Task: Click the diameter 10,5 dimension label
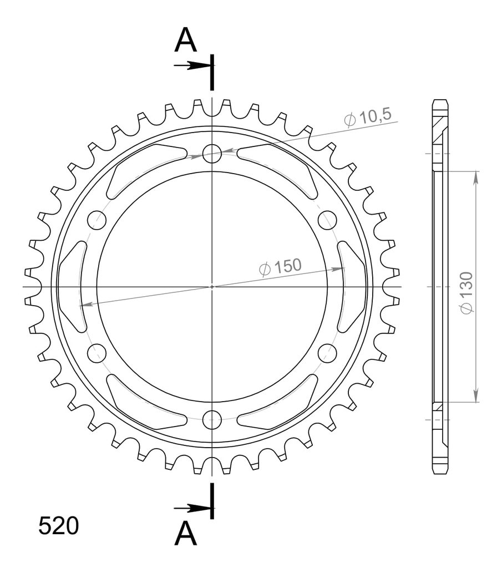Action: [368, 116]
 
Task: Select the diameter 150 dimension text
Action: [281, 267]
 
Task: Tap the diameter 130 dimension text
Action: [466, 293]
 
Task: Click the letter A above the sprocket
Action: [185, 40]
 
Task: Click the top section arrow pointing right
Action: [192, 65]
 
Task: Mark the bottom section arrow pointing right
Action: [192, 508]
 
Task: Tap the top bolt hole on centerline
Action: [212, 154]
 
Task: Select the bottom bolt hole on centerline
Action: [212, 419]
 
